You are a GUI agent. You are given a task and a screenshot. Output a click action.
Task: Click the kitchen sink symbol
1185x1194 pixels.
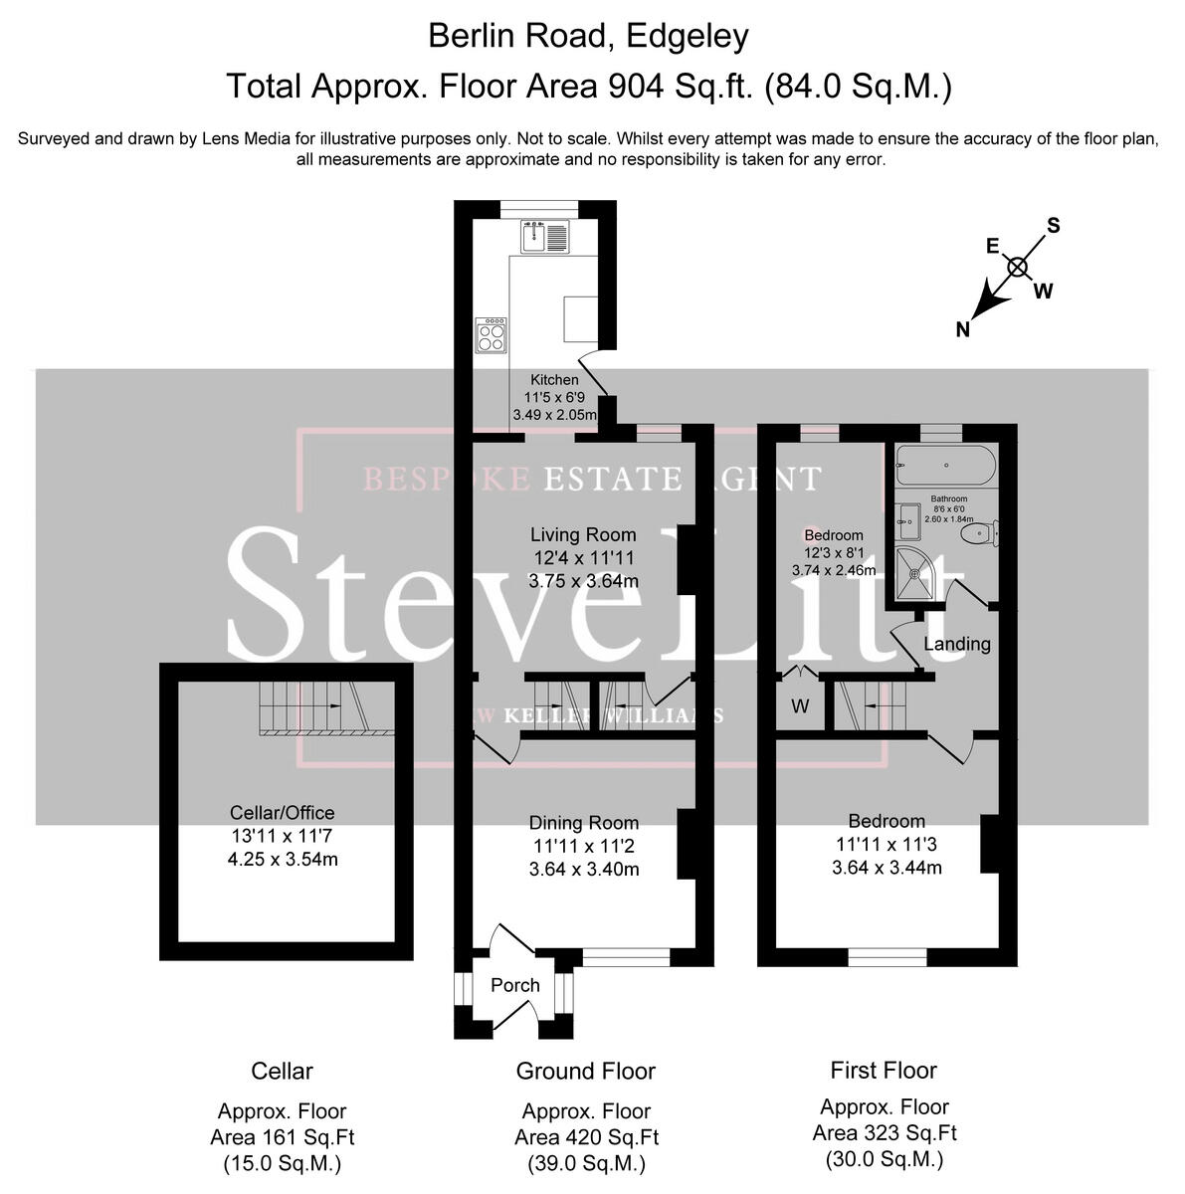coord(544,237)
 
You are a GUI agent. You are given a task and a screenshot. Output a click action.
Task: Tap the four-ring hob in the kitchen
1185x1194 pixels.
coord(491,334)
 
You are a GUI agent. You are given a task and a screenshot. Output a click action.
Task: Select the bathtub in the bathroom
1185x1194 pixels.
coord(944,464)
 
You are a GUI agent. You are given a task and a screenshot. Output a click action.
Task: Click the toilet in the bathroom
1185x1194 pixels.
coord(978,535)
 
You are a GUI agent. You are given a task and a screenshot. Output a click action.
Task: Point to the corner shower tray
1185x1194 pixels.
coord(917,575)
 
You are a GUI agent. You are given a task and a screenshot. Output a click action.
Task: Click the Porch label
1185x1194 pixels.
coord(515,985)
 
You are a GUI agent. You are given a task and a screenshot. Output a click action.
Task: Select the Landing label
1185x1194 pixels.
coord(957,644)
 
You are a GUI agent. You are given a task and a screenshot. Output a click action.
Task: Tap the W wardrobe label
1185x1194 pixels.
coord(800,706)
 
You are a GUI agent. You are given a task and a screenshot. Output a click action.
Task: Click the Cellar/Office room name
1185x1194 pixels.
coord(283,813)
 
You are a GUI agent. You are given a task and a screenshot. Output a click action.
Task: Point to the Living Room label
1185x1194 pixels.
coord(583,535)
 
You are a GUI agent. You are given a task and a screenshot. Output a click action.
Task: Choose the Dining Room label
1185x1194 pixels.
coord(584,823)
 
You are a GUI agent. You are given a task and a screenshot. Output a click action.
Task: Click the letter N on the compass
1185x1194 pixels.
coord(962,330)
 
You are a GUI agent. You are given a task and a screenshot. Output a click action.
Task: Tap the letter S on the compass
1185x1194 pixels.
coord(1054,226)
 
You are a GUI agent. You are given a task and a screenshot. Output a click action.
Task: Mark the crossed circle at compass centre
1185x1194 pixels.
coord(1017,267)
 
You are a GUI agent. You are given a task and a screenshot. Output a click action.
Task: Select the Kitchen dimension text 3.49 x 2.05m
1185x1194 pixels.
coord(555,415)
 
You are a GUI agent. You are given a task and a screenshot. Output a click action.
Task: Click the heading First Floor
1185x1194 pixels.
coord(884,1071)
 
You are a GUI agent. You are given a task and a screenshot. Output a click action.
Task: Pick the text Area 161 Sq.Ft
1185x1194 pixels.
coord(283,1137)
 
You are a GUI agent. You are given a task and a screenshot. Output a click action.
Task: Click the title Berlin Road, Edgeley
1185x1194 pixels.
coord(588,37)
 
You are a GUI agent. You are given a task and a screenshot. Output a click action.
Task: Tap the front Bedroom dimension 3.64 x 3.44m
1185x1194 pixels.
coord(887,868)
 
